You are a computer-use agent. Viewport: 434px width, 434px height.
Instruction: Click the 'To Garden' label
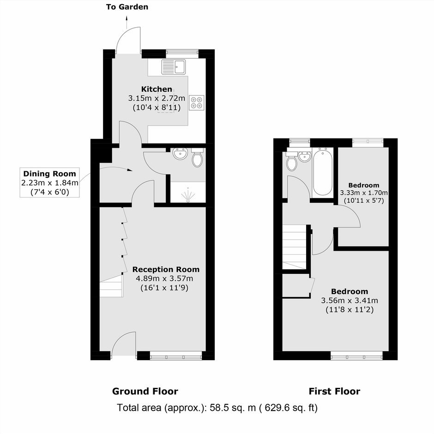pos(127,7)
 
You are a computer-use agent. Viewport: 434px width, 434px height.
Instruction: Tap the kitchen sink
pos(174,66)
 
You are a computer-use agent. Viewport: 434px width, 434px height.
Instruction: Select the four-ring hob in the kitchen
pos(197,102)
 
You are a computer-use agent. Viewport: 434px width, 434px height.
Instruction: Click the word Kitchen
pos(157,89)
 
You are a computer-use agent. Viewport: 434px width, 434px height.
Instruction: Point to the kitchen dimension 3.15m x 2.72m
pos(157,98)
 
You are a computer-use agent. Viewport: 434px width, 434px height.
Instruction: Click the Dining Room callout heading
pos(49,174)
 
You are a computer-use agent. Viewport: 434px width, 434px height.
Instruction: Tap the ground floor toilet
pos(197,158)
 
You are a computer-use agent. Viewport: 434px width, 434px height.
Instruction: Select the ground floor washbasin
pos(180,154)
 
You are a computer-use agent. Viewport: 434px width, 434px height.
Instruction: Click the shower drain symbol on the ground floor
pos(188,195)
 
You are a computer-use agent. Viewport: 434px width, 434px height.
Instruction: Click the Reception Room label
pos(166,269)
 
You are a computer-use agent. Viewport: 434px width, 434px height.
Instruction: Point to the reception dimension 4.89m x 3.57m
pos(164,278)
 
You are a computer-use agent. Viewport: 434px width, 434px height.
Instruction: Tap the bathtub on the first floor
pos(322,172)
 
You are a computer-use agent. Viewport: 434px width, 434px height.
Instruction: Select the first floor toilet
pos(291,161)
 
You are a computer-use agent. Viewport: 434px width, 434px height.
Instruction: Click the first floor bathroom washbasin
pos(304,157)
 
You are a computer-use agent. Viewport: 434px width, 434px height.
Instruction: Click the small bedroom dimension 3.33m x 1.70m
pos(364,193)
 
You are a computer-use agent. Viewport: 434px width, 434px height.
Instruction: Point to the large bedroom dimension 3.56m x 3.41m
pos(350,301)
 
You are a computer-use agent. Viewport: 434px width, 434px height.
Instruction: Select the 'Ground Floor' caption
pos(145,392)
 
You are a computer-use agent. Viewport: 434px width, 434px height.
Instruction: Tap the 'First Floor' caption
pos(334,392)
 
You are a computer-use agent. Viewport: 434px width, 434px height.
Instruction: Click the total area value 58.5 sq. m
pos(233,408)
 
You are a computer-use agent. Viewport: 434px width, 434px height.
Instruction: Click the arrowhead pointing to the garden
pos(127,18)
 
